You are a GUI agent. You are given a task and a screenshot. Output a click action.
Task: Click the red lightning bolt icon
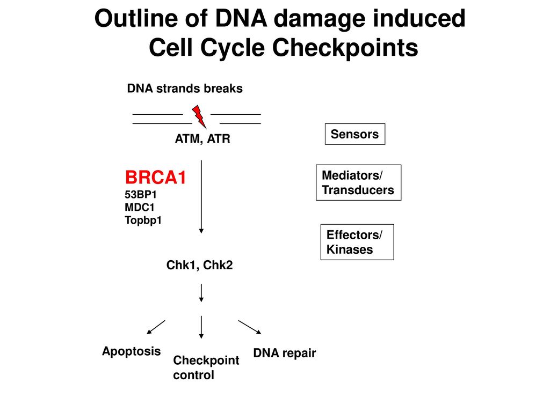pos(199,116)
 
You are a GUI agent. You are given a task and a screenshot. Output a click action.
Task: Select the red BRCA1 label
pos(155,177)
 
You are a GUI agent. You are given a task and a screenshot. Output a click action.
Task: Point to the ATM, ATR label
pos(202,139)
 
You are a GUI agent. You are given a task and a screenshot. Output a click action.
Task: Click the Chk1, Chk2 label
pos(199,265)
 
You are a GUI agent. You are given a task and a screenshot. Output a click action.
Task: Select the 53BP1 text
pos(141,194)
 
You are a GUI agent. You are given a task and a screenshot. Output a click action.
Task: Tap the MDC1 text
pos(140,208)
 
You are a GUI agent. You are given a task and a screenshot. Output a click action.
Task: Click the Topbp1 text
pos(143,220)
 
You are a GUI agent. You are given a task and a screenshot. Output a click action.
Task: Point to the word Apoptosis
pos(131,351)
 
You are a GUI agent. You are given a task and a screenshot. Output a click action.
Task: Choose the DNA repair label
pos(285,353)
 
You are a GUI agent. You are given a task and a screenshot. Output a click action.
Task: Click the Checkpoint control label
pos(206,367)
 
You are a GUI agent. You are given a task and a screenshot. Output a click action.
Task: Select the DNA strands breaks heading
pos(185,89)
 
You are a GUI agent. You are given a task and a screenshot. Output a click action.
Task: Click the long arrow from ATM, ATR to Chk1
pos(201,197)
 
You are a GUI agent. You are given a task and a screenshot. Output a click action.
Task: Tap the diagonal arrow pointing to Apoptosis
pos(156,327)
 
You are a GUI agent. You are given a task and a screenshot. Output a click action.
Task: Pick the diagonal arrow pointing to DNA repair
pos(250,327)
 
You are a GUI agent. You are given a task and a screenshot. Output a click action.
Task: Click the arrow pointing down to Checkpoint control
pos(201,327)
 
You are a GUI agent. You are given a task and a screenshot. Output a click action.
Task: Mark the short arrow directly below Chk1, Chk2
pos(201,293)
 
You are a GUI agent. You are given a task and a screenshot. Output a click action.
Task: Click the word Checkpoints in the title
pos(345,48)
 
